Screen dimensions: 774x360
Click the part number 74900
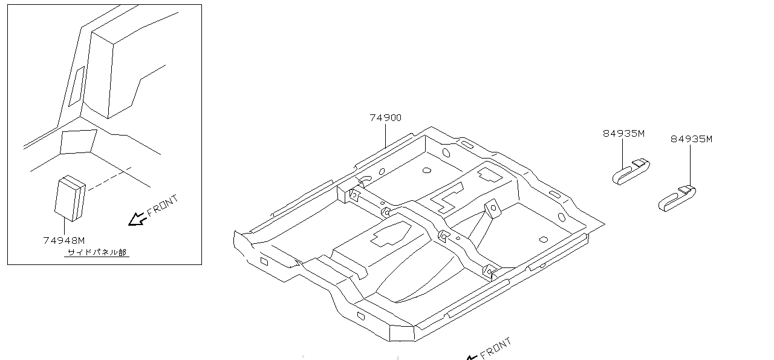(385, 118)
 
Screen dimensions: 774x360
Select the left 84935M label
(623, 134)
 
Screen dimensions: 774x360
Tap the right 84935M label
(691, 139)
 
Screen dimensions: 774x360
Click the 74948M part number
(64, 240)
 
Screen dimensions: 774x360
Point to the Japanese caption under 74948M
(97, 252)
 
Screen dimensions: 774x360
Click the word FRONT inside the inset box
(163, 206)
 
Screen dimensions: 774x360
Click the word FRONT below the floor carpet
(495, 349)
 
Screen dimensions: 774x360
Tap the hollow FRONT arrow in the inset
(137, 220)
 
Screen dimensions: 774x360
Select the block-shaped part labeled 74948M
(70, 198)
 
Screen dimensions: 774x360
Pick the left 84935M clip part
(631, 172)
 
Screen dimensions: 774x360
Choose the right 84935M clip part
(677, 199)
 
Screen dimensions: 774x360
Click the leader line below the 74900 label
(385, 136)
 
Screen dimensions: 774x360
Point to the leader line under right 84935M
(691, 166)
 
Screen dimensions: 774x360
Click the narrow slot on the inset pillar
(76, 87)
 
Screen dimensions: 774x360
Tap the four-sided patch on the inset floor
(79, 142)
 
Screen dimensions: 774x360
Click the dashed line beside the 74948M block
(110, 178)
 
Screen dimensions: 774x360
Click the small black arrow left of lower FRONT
(472, 358)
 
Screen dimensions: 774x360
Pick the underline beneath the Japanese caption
(97, 257)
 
